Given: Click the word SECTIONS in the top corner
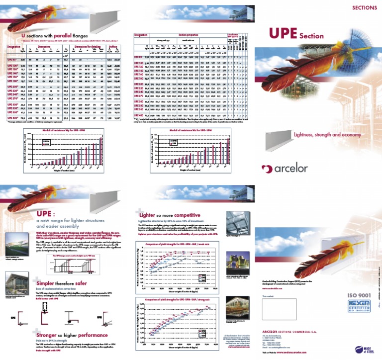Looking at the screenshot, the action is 365,7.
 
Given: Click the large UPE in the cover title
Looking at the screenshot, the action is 283,33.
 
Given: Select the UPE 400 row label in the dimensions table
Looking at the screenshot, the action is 13,118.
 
